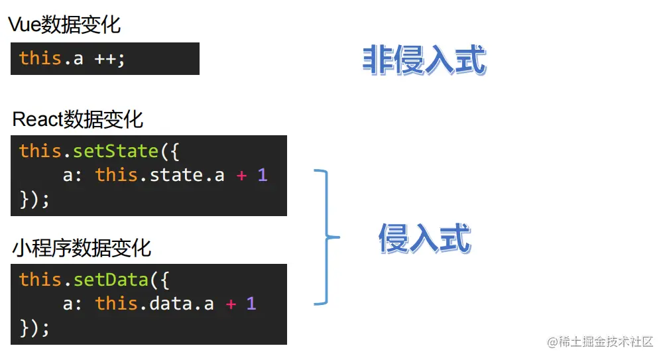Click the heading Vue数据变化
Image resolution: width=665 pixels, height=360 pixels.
(x=64, y=25)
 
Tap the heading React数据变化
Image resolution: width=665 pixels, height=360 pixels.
(x=78, y=119)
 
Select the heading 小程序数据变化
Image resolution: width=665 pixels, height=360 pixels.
(x=82, y=248)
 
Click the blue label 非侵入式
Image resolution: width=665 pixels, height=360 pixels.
(x=424, y=60)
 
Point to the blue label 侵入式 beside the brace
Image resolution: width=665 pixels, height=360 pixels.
(x=424, y=239)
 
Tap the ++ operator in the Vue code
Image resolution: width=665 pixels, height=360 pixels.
(x=106, y=58)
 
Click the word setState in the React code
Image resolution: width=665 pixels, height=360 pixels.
(x=116, y=151)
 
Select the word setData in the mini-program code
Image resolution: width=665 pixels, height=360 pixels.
(x=111, y=280)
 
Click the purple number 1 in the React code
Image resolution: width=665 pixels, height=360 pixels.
(x=263, y=175)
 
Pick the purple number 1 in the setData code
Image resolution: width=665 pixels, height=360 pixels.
(x=251, y=304)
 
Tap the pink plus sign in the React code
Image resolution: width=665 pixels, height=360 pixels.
(x=241, y=175)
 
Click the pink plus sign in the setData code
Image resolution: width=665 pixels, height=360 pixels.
(x=230, y=304)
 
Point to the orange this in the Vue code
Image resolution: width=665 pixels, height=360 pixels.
(x=40, y=58)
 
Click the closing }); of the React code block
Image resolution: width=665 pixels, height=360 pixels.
(x=34, y=199)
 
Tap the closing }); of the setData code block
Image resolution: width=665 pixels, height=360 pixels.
(x=34, y=328)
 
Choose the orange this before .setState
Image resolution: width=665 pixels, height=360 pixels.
(x=40, y=151)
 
